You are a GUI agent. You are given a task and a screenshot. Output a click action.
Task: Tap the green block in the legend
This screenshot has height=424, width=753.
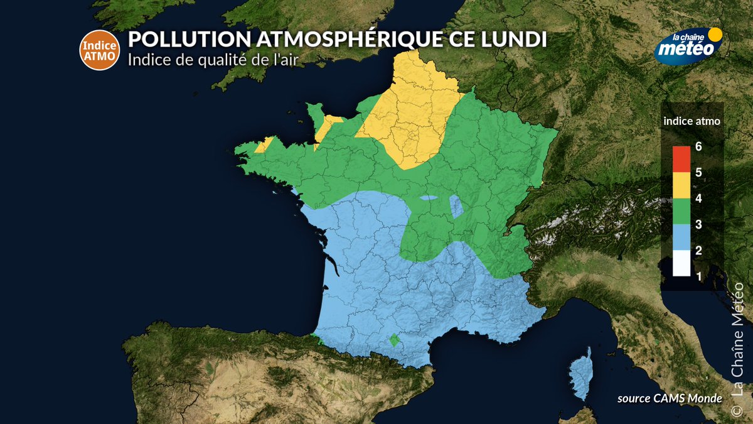click(681, 211)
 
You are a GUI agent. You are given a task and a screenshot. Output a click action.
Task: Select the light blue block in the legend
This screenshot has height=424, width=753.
click(681, 237)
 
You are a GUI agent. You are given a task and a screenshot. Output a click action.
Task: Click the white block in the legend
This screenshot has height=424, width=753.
click(681, 264)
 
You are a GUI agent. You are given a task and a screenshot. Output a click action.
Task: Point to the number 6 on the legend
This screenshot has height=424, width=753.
click(698, 147)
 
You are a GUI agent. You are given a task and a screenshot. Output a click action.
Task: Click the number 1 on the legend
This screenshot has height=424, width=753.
click(698, 275)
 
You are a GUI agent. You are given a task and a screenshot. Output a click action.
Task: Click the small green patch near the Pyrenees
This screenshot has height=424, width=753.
click(394, 340)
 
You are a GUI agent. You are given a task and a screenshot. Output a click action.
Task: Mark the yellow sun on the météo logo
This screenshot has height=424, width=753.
click(714, 35)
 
